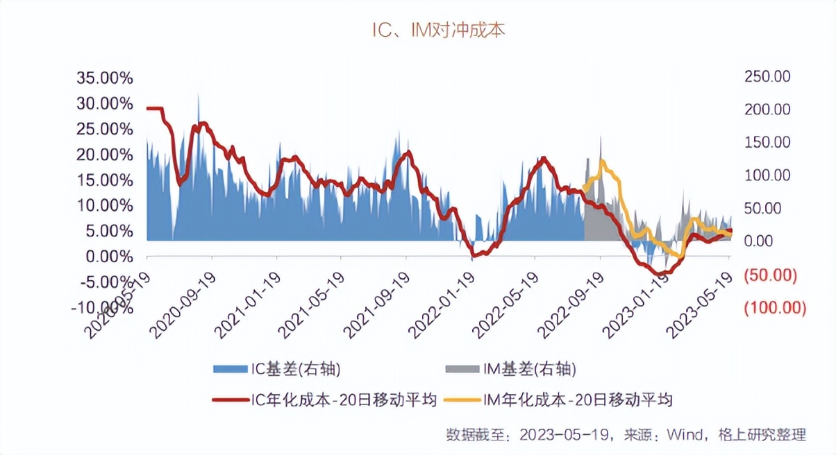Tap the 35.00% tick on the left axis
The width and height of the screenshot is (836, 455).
pos(103,77)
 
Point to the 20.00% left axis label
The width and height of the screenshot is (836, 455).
pos(103,154)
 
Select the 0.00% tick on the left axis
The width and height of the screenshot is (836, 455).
pos(107,257)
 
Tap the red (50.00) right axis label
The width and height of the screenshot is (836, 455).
pos(768,274)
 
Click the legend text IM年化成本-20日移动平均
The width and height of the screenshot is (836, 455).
pos(576,400)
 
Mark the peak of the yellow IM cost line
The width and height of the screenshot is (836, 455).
pos(601,162)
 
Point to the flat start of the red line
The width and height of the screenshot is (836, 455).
pos(154,108)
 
